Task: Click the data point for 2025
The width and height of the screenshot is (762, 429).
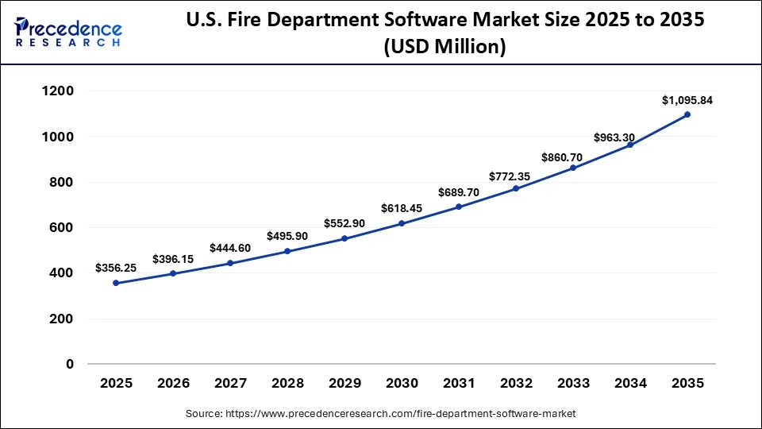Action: click(116, 283)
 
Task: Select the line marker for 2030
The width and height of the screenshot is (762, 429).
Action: click(402, 223)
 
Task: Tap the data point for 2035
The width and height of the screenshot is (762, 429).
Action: click(687, 114)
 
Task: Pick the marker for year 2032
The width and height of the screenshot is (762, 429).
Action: click(516, 188)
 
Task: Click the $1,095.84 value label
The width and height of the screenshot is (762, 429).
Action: click(687, 100)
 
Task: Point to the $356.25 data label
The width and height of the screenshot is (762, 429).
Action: click(116, 269)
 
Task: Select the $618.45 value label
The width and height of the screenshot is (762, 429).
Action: click(402, 209)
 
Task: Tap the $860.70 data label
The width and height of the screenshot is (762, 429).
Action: click(573, 157)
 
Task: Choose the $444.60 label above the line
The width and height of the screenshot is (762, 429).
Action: click(230, 248)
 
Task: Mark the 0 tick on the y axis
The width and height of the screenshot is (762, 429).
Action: click(69, 365)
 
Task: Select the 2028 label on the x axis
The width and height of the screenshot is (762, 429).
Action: click(287, 384)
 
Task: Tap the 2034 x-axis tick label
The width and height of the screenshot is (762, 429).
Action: click(630, 384)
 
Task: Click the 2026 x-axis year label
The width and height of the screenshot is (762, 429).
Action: click(173, 384)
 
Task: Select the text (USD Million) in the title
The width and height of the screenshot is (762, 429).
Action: click(444, 47)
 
